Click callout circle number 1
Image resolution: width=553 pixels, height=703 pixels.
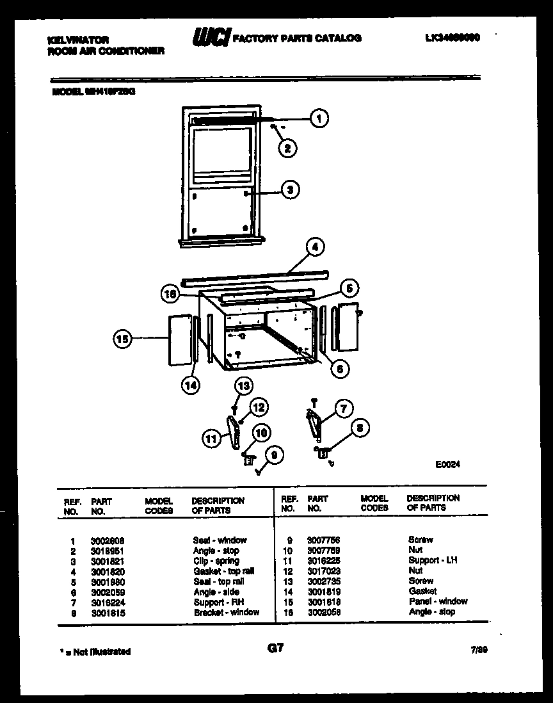318,118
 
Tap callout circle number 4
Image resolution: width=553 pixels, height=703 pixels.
314,246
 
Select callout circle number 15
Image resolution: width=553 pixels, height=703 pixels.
123,339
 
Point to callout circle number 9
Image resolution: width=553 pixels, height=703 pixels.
275,455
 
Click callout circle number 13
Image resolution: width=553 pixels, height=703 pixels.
243,385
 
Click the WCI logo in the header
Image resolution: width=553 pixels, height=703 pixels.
211,39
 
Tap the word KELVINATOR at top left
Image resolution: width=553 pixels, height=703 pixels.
78,40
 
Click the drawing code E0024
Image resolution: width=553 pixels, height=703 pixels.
447,465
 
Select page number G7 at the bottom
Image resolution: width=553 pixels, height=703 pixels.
275,649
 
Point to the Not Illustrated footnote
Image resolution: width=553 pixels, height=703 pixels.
95,652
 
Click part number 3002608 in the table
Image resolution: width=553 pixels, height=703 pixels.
108,540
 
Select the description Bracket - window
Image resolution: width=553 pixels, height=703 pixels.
227,612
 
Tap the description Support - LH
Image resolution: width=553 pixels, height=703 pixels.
433,560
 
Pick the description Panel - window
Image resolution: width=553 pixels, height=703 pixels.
438,601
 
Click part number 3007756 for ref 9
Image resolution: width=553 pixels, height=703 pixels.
323,540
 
